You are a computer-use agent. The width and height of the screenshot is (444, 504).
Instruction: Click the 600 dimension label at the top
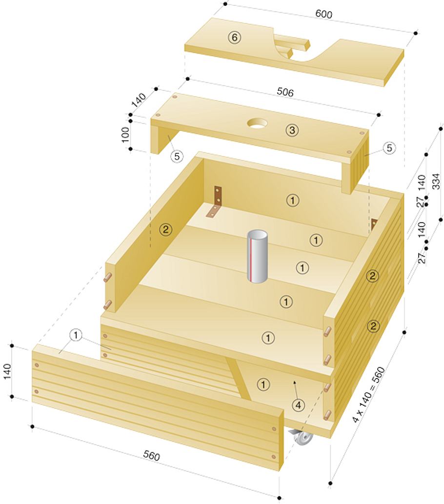click(x=324, y=14)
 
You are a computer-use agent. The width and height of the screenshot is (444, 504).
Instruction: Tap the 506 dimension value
click(x=285, y=92)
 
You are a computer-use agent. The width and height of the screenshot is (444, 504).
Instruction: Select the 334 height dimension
click(x=435, y=181)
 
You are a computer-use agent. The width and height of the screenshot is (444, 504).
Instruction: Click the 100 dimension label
click(x=126, y=134)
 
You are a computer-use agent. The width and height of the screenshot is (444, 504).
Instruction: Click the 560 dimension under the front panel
click(x=151, y=456)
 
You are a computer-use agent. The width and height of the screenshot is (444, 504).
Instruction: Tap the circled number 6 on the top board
click(x=234, y=38)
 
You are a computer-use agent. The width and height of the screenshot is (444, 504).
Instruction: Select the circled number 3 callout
click(x=292, y=130)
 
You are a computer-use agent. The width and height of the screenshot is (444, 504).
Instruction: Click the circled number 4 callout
click(x=298, y=405)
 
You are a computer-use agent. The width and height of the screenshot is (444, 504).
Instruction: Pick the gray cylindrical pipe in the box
click(x=257, y=256)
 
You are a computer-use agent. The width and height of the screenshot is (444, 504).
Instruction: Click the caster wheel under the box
click(x=302, y=437)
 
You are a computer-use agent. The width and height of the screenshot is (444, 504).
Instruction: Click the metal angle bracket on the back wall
click(x=215, y=202)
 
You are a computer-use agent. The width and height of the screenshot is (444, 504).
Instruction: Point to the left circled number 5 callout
click(x=177, y=156)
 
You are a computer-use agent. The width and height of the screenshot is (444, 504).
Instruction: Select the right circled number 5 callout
click(x=389, y=148)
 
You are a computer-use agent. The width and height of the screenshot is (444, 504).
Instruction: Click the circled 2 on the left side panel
click(x=165, y=229)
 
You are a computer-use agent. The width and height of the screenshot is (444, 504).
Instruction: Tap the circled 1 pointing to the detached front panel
click(x=76, y=336)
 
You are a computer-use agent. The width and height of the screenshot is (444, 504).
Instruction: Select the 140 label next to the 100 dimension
click(x=139, y=100)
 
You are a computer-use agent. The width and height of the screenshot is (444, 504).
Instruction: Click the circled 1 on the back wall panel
click(x=292, y=201)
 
